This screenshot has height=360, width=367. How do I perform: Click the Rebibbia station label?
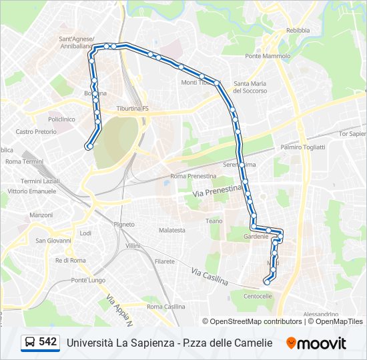coord(298,30)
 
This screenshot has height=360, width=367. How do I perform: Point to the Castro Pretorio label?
coord(36,132)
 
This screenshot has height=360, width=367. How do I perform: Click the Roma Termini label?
coord(24,162)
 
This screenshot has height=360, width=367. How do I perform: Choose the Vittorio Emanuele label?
coord(32,191)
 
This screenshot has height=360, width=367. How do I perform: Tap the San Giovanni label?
coord(49,241)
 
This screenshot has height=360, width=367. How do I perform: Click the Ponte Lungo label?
coord(88,280)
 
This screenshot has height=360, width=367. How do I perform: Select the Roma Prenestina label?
coord(194,176)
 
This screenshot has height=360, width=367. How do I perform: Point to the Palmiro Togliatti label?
coord(303,147)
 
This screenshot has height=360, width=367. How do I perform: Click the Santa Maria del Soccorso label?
coord(250,87)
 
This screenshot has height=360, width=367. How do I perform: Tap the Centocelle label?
coord(258,296)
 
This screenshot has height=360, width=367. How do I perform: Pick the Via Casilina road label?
coord(210,276)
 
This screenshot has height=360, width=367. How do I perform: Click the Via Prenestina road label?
coord(217,191)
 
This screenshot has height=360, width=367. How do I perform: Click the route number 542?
coord(47,342)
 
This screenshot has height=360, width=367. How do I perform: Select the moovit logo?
coord(316,343)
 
